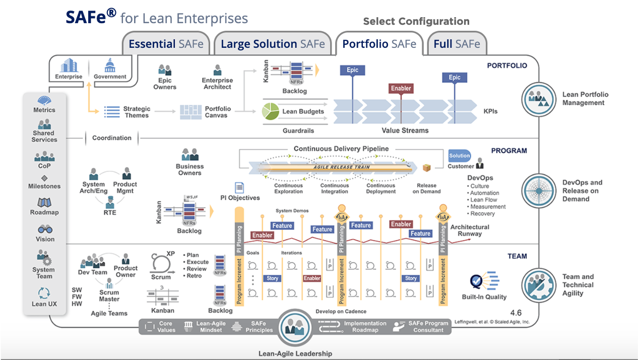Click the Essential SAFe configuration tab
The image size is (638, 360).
(166, 44)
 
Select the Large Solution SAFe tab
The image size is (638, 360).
(273, 44)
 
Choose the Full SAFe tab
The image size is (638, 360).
(457, 44)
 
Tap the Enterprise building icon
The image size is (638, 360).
(68, 66)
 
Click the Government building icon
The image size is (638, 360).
(110, 66)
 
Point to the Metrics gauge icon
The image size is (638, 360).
(44, 100)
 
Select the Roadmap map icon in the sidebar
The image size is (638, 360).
(45, 202)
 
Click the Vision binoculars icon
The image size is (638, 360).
(45, 229)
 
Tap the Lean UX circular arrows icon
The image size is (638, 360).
(44, 293)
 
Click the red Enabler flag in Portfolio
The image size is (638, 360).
(401, 88)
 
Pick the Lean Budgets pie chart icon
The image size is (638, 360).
(271, 111)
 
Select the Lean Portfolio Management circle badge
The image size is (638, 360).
(538, 99)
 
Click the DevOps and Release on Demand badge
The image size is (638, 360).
(538, 191)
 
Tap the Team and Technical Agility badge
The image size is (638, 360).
(538, 285)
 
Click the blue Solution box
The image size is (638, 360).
(460, 155)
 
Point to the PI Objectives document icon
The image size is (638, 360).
(239, 188)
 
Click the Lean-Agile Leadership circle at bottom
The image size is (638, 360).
(295, 327)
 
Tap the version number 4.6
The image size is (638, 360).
(516, 313)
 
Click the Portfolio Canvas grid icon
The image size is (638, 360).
(190, 112)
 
